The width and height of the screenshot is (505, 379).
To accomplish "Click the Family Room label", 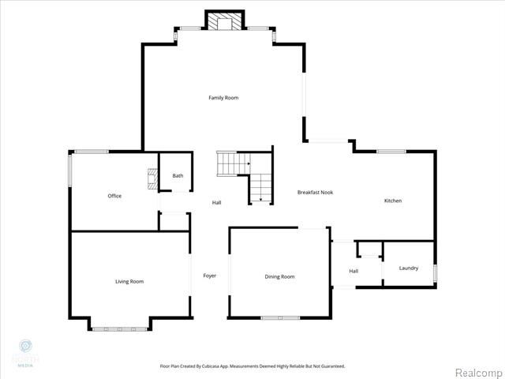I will click(x=223, y=98).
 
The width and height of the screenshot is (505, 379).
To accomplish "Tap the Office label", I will click(x=114, y=196).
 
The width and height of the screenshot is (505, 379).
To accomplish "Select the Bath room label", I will click(x=178, y=175).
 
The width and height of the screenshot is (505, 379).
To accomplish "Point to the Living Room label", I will click(x=129, y=281).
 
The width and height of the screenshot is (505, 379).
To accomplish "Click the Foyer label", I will click(x=210, y=276).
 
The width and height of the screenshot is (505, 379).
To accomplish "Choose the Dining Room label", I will click(x=279, y=276).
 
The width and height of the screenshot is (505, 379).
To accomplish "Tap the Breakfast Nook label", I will click(x=315, y=193).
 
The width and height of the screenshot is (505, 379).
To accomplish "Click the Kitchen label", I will click(x=393, y=201).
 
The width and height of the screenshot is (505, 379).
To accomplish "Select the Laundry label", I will click(x=409, y=268).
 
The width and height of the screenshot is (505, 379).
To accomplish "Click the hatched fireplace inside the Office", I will click(x=151, y=181).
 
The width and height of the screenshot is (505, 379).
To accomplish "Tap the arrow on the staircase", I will click(x=261, y=201).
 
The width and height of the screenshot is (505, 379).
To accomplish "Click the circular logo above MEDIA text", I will click(x=25, y=346).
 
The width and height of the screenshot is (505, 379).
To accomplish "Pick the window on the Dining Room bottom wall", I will click(x=280, y=318).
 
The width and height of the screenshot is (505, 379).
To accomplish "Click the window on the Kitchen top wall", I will click(x=391, y=151).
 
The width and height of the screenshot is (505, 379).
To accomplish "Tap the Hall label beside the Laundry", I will click(x=353, y=272).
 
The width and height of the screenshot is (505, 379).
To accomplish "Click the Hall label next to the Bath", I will click(x=216, y=203).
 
